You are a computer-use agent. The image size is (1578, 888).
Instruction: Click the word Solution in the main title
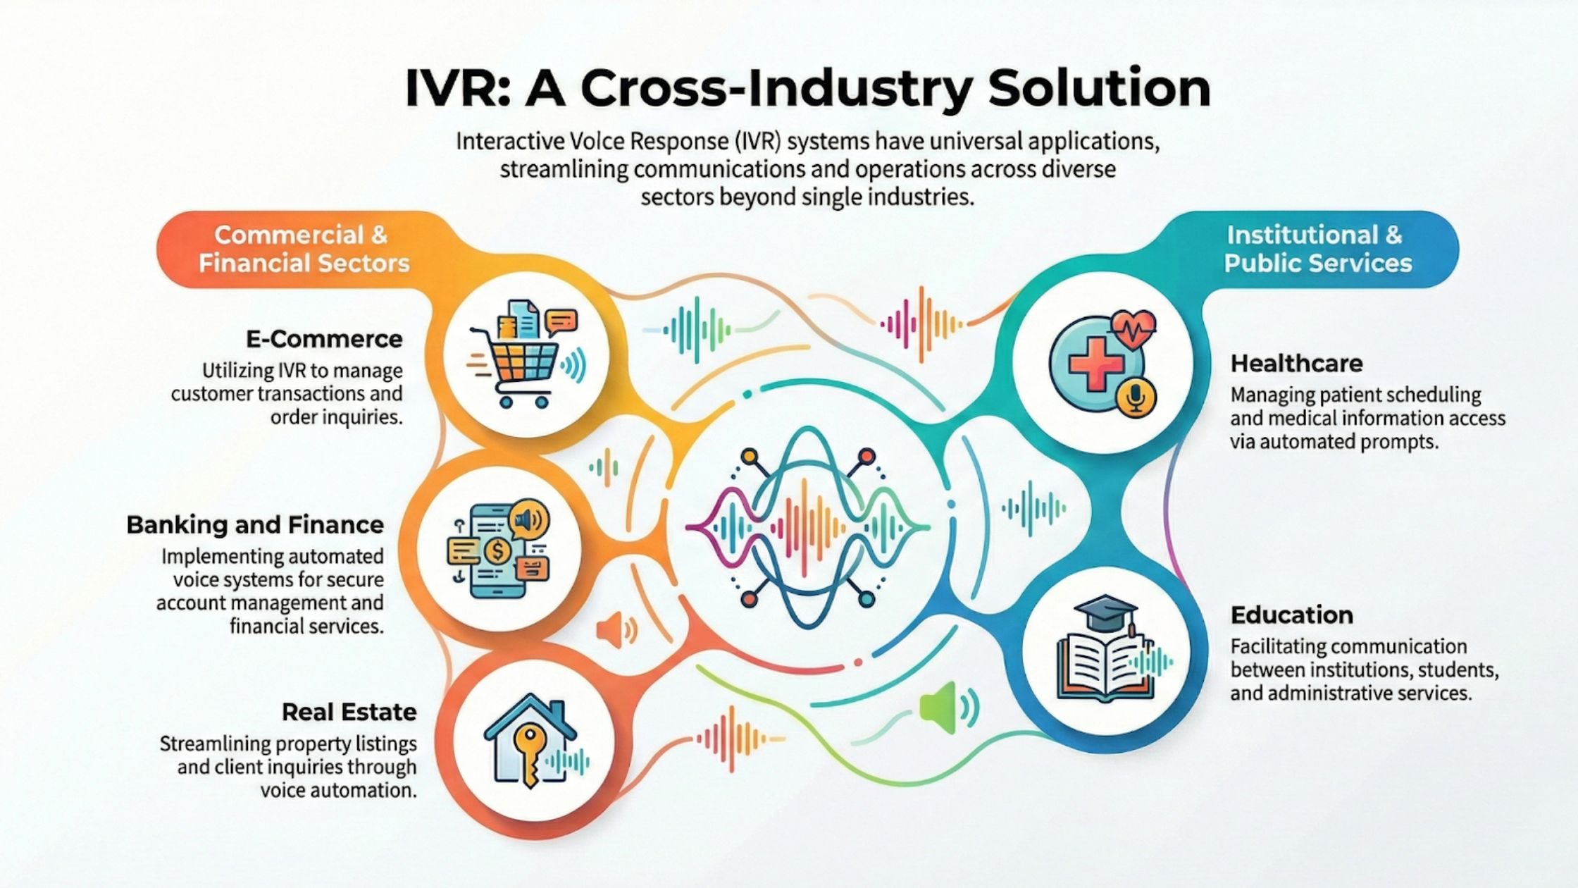(x=1098, y=88)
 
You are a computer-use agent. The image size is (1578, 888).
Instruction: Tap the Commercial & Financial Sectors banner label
(x=303, y=249)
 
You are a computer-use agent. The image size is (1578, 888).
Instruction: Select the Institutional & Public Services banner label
(x=1317, y=249)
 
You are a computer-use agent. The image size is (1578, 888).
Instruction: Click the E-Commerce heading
(x=324, y=339)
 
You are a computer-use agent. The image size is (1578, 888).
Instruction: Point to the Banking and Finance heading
(x=255, y=524)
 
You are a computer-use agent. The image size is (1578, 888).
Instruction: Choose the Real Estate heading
(x=349, y=712)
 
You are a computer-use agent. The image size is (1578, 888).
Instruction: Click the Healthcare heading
(x=1296, y=363)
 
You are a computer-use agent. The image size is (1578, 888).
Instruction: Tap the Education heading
(x=1291, y=615)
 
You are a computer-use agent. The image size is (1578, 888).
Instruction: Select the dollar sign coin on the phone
(x=498, y=550)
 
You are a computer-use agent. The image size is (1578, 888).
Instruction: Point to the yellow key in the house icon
(x=527, y=754)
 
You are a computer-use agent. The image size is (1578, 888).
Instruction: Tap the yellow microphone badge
(x=1136, y=399)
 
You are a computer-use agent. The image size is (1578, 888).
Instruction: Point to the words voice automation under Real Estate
(x=339, y=790)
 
